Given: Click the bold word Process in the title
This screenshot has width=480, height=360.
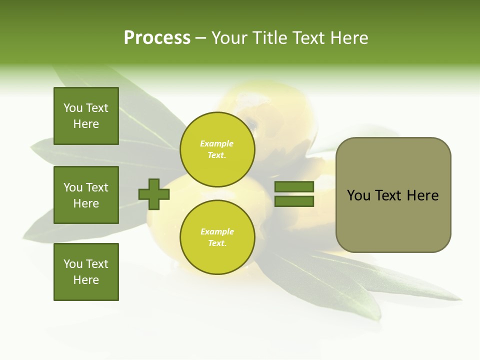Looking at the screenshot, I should click(157, 38).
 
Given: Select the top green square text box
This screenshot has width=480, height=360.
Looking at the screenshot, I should click(86, 116).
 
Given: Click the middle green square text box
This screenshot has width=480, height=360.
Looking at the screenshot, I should click(86, 195).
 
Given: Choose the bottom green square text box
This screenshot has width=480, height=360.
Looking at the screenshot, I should click(86, 271).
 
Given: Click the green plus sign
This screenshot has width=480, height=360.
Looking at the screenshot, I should click(154, 194).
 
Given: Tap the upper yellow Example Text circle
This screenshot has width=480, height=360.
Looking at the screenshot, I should click(217, 149).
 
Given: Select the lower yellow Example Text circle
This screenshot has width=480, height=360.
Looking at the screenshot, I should click(217, 237).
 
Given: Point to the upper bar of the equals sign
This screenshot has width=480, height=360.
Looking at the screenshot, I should click(294, 187).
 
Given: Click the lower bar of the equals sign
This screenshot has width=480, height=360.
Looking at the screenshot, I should click(294, 201).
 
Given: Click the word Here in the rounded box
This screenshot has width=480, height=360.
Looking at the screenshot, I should click(422, 195).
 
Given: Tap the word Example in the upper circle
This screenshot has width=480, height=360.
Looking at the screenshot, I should click(216, 143).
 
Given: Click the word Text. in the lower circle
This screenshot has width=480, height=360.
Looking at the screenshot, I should click(217, 243).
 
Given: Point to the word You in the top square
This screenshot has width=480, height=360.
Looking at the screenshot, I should click(72, 108).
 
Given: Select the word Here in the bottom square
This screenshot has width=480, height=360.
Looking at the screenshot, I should click(86, 280).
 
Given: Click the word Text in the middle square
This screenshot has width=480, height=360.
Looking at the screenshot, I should click(97, 187).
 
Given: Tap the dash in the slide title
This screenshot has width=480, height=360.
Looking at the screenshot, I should click(200, 38).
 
